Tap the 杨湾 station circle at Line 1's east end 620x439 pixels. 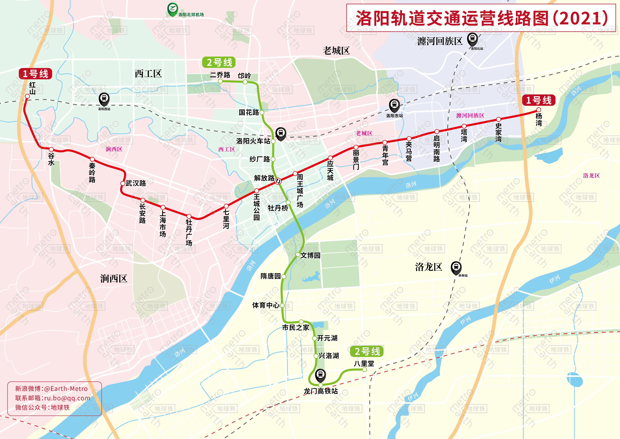coord(539,110)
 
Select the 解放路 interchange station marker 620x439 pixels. coord(278,181)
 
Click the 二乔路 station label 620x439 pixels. coord(220,75)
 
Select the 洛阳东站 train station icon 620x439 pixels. coord(394,105)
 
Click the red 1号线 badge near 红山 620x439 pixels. coord(35,74)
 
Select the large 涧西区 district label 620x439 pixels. coord(114,278)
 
